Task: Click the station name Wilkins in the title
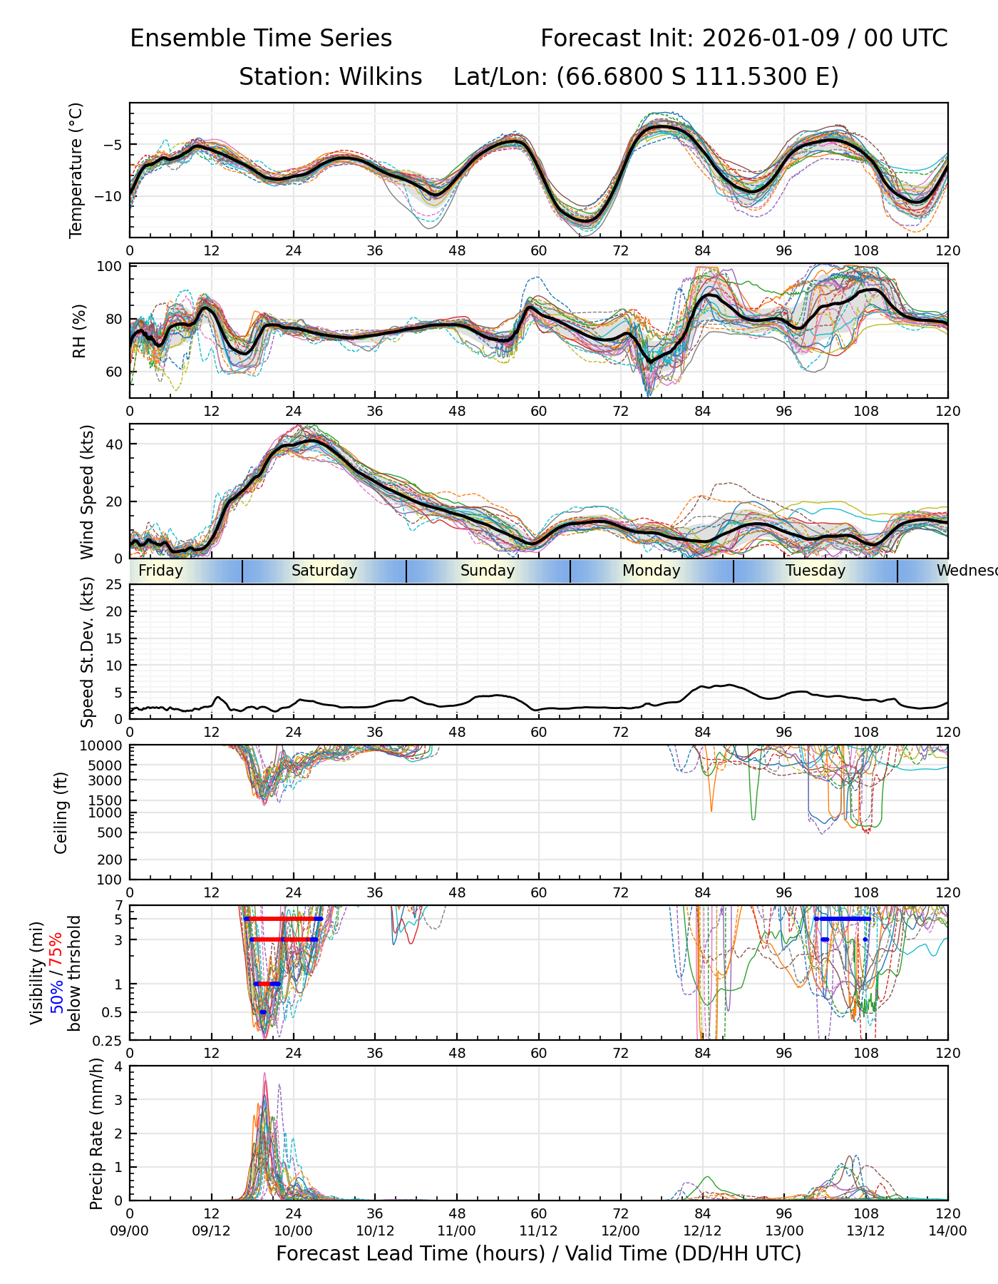tap(380, 76)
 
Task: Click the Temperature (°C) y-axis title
tap(76, 170)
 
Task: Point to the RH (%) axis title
tap(79, 331)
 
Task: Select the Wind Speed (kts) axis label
tap(87, 491)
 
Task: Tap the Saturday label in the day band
tap(324, 571)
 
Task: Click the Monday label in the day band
tap(651, 571)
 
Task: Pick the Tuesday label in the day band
tap(815, 571)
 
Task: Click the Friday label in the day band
tap(160, 571)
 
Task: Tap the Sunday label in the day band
tap(487, 571)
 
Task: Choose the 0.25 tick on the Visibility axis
tap(108, 1039)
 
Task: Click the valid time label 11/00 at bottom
tap(456, 1230)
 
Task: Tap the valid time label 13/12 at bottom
tap(865, 1230)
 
